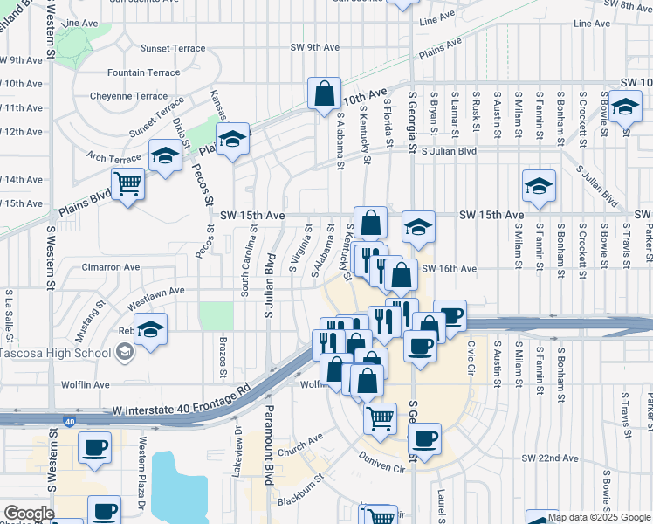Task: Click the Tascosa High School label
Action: point(54,352)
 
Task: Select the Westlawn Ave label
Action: point(156,291)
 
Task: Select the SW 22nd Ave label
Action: point(551,458)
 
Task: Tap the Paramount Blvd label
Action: point(270,431)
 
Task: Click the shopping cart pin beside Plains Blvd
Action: point(128,184)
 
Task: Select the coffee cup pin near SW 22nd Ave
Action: point(424,438)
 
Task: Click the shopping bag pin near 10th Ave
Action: point(324,93)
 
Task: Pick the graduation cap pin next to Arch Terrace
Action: point(163,155)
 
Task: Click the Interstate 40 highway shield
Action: point(68,422)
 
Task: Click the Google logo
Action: point(29,513)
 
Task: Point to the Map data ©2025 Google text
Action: point(598,517)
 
